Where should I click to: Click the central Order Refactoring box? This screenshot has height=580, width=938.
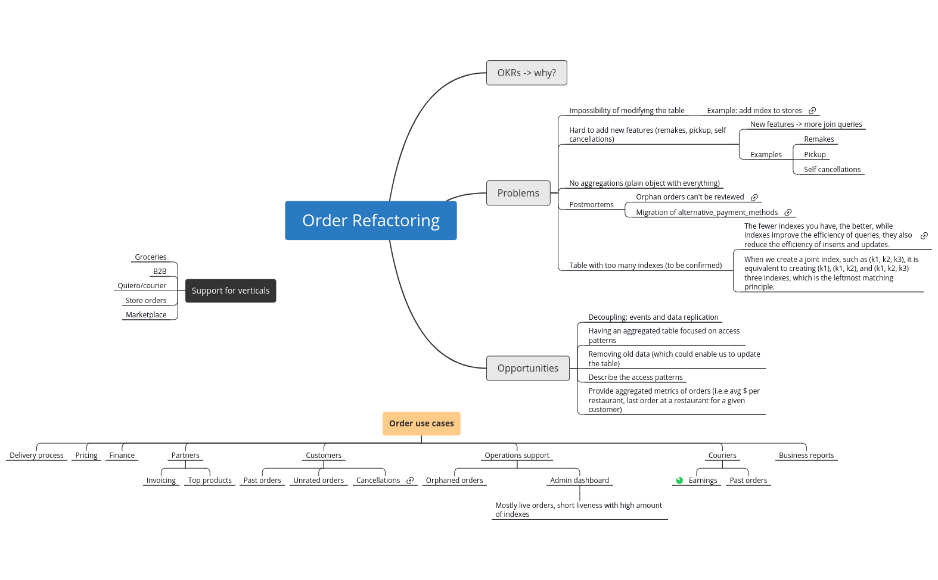tap(371, 220)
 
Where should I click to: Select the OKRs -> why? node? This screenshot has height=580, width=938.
tap(526, 73)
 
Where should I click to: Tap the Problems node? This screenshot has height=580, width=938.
tap(518, 193)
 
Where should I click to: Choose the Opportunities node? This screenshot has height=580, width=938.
tap(527, 368)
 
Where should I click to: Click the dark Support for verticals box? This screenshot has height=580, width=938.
tap(231, 291)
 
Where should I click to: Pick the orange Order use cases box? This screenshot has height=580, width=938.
tap(421, 423)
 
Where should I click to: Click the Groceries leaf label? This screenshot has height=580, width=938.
tap(150, 257)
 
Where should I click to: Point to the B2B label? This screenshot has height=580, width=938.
tap(160, 272)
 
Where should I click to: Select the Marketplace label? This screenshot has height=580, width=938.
tap(146, 315)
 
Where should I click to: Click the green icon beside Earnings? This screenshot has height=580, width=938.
tap(679, 481)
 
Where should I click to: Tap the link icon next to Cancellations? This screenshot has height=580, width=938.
tap(410, 481)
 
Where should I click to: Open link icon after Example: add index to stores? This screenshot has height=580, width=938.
tap(812, 111)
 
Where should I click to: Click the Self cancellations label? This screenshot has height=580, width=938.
tap(832, 170)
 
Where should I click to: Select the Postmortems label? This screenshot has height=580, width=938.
tap(591, 205)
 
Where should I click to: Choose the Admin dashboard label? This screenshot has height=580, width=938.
tap(579, 481)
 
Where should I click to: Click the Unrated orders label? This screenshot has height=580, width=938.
tap(318, 481)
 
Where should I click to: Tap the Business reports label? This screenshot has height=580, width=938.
tap(806, 456)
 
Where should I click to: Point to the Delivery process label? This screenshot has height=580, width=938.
tap(36, 456)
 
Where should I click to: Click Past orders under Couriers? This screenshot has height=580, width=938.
tap(748, 481)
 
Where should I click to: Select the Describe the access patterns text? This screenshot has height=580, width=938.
tap(635, 378)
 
